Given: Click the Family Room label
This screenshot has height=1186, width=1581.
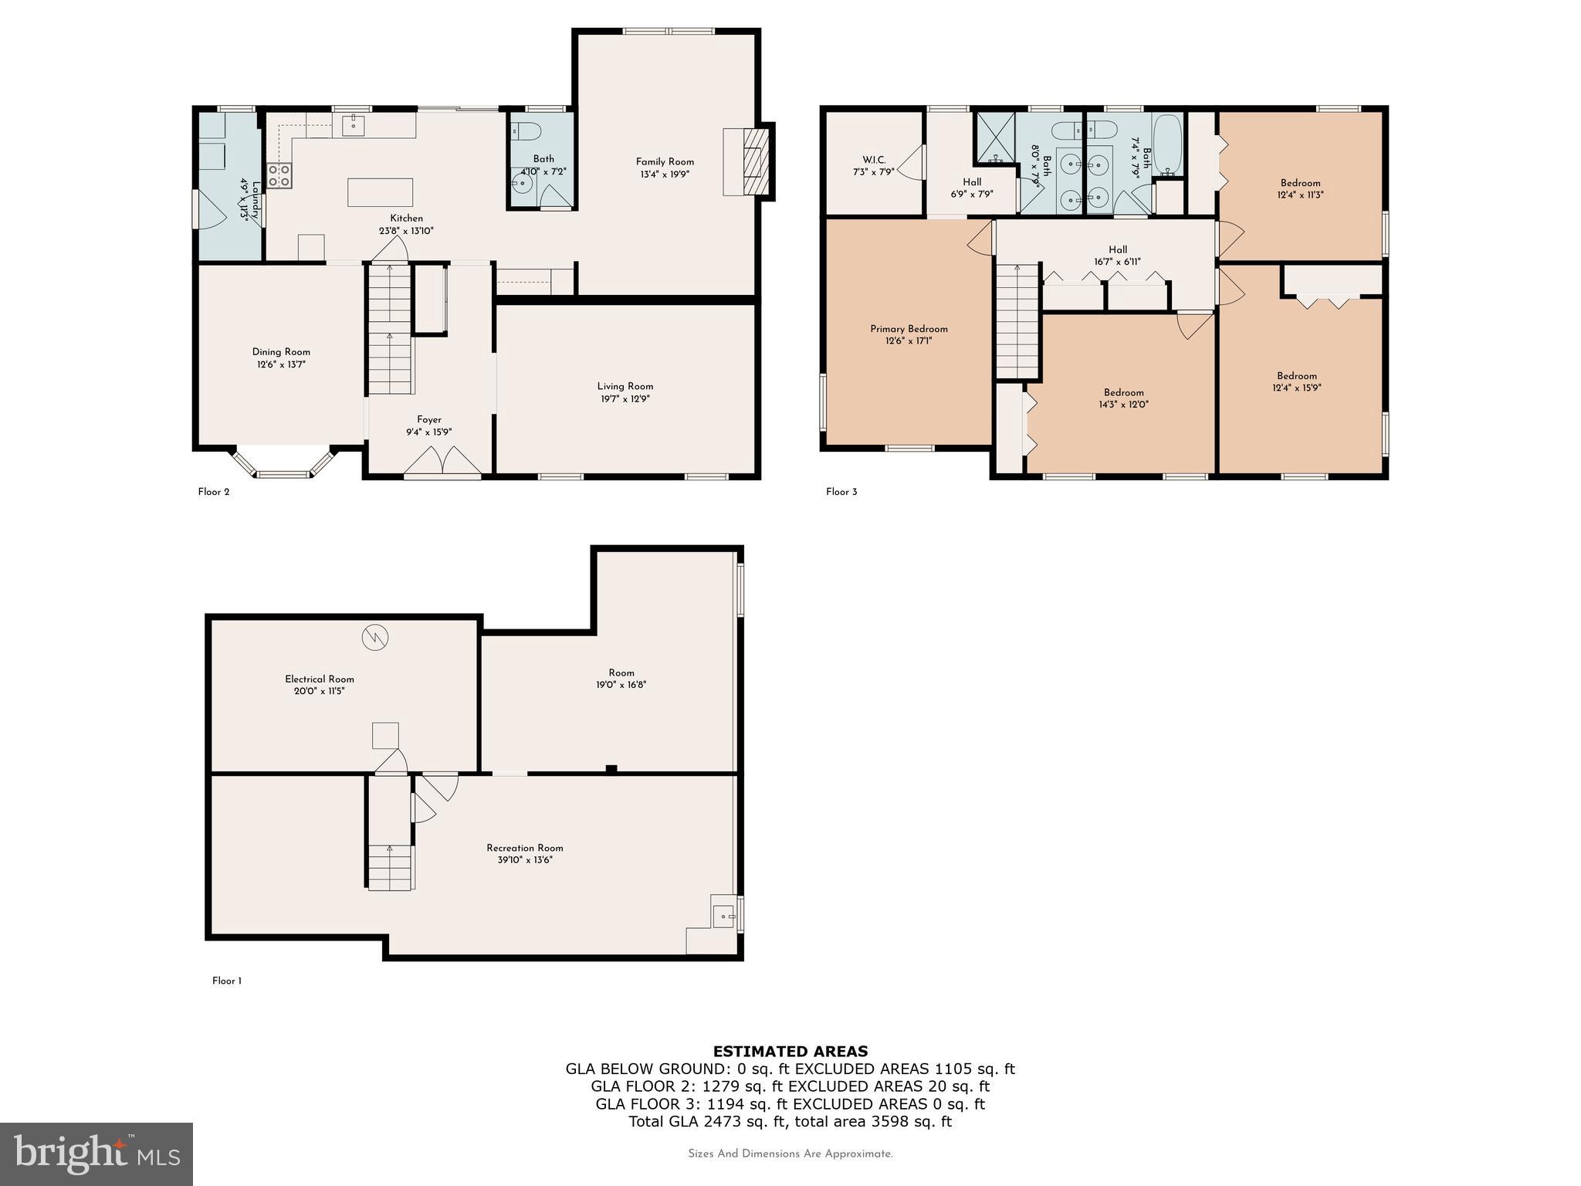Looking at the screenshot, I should pyautogui.click(x=665, y=161).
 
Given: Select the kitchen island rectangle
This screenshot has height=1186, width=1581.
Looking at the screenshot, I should pyautogui.click(x=380, y=192).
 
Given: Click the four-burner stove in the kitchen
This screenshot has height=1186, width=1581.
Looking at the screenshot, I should pyautogui.click(x=279, y=176).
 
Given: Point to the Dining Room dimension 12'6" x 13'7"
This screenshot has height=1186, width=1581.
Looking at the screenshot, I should pyautogui.click(x=281, y=364).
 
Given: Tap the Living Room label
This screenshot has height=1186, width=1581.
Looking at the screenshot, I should pyautogui.click(x=625, y=386).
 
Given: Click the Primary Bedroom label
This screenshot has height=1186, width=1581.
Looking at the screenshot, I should pyautogui.click(x=909, y=329).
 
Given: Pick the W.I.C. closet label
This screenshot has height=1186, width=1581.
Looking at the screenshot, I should pyautogui.click(x=874, y=160).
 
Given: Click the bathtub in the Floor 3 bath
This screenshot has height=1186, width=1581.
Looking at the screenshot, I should pyautogui.click(x=1166, y=144).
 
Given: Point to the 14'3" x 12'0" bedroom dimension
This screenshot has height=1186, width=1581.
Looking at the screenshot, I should pyautogui.click(x=1123, y=405).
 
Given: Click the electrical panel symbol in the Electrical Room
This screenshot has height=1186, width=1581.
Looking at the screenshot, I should pyautogui.click(x=374, y=637).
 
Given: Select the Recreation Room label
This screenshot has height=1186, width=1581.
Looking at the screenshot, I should pyautogui.click(x=524, y=848).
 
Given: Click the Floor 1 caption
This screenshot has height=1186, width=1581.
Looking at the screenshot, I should pyautogui.click(x=227, y=981).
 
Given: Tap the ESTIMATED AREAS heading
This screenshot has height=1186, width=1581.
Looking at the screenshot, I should pyautogui.click(x=790, y=1052).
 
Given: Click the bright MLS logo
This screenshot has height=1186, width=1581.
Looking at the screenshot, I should pyautogui.click(x=96, y=1154).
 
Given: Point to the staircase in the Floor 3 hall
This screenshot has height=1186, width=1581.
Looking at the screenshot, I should pyautogui.click(x=1017, y=320).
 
